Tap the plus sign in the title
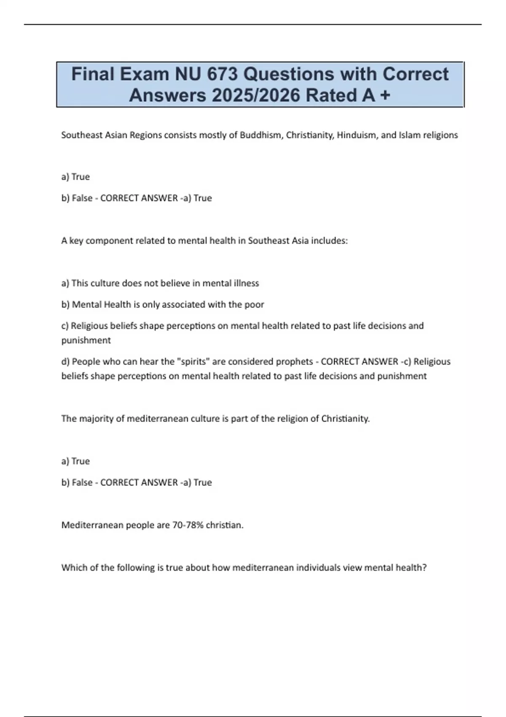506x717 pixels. click(x=385, y=95)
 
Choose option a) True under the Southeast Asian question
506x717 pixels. click(x=75, y=177)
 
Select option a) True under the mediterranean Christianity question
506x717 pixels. click(x=75, y=461)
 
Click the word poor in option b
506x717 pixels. click(x=254, y=305)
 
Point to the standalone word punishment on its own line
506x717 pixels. click(x=86, y=340)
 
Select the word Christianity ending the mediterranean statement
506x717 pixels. click(x=345, y=419)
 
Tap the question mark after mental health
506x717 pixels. click(x=424, y=568)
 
